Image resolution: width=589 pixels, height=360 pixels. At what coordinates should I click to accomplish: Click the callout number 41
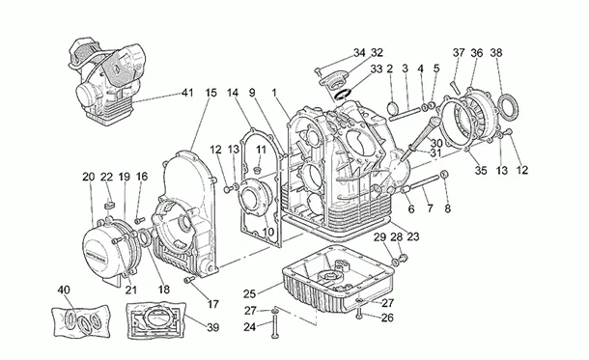coord(186,93)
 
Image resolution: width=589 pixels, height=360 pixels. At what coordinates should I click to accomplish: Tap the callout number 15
coord(211,93)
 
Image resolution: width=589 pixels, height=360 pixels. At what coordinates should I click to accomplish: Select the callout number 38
coord(496,53)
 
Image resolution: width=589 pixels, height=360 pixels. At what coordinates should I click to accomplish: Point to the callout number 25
coord(249,293)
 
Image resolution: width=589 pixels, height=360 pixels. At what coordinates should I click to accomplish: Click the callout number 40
coord(64,290)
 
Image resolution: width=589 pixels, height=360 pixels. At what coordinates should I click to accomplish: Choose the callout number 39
coord(212,327)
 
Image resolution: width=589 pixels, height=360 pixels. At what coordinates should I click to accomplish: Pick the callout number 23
coord(413,236)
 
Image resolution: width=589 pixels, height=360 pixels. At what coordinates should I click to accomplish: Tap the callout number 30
coord(436,144)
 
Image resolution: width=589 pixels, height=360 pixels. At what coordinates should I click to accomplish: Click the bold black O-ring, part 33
coord(343,95)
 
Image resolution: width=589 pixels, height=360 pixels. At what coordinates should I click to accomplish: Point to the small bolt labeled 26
coord(359,314)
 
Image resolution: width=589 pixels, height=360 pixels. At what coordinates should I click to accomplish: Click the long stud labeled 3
coord(405,114)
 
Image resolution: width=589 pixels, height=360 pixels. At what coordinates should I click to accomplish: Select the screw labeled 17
coord(189,280)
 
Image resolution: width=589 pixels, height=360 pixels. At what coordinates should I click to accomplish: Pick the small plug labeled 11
coord(258,171)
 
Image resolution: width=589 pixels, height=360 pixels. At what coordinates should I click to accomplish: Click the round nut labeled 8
coord(444,174)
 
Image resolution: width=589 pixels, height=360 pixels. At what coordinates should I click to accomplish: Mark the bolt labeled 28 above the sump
coord(404,259)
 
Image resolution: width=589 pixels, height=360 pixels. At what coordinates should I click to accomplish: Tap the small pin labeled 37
coord(456,88)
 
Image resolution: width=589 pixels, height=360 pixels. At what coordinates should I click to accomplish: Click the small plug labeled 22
coord(109,207)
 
